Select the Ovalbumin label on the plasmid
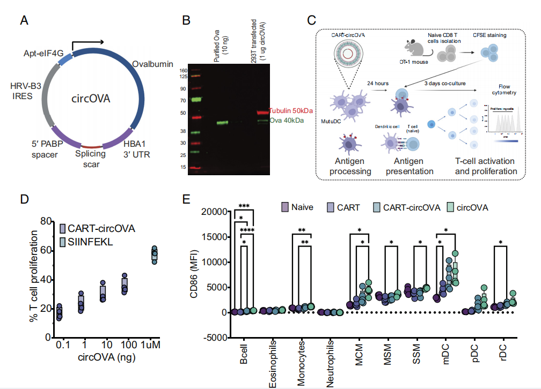coord(152,64)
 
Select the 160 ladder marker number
coord(184,70)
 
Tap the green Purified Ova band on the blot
coord(223,123)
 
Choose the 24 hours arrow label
coord(378,84)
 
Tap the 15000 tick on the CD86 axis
coord(216,236)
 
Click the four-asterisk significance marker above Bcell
coord(247,230)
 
